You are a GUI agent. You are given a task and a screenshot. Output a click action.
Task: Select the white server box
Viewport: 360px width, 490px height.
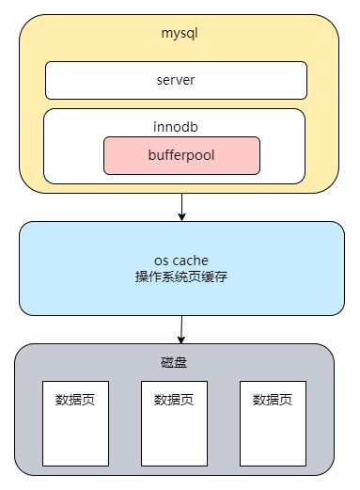[176, 80]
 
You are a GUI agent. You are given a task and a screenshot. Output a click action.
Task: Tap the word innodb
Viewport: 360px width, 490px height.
[176, 125]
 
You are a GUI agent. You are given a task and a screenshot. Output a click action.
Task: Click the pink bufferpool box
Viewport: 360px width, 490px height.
[181, 155]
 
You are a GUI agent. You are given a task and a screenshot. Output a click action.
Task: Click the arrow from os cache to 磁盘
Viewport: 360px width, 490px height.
[180, 328]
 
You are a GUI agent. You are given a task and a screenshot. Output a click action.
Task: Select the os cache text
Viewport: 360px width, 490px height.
[181, 260]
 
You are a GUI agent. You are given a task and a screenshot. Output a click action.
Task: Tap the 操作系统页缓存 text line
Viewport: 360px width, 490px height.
[181, 277]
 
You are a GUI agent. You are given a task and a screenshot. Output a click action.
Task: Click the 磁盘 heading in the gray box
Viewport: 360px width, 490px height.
[175, 362]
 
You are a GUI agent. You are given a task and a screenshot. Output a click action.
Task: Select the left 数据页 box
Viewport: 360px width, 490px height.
[75, 423]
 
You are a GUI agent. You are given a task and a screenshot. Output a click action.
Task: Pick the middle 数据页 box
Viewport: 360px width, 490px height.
[174, 423]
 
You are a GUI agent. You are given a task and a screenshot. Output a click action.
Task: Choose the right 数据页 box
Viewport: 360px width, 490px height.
[273, 423]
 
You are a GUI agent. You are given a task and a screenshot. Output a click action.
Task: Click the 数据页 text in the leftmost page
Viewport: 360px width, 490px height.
[75, 399]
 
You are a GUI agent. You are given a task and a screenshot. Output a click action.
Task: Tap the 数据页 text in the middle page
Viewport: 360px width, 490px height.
[174, 399]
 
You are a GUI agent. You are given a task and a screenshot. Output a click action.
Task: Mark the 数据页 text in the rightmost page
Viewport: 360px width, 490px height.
[273, 399]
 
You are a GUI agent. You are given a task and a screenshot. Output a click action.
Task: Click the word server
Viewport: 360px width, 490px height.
[176, 80]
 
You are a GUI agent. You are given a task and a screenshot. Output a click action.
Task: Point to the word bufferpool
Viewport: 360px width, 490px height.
[181, 154]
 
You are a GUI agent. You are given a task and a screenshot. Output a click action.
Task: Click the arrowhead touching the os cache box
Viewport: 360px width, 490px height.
[181, 216]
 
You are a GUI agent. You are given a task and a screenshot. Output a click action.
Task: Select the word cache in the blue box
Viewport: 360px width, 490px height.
[193, 260]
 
